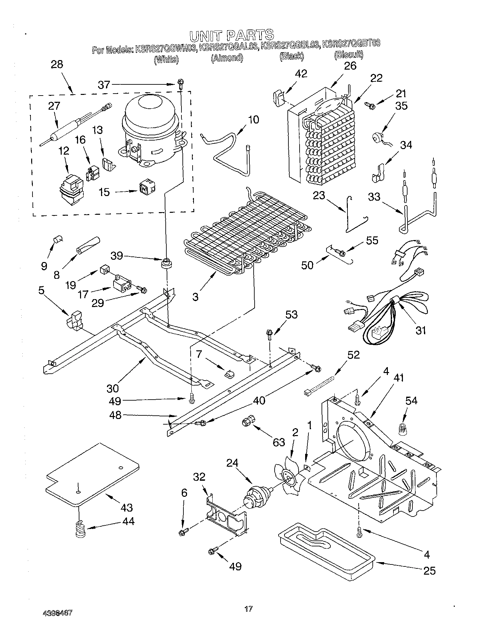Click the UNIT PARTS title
(232, 34)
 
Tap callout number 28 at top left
(57, 64)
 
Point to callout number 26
(350, 66)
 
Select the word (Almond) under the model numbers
(227, 58)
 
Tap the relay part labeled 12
(71, 190)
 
